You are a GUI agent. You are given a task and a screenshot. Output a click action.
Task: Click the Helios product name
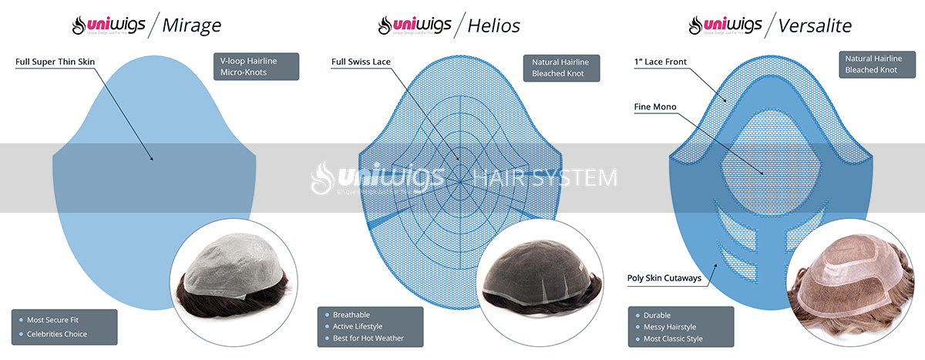point(493,25)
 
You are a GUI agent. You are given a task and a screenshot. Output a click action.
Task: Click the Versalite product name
point(815,25)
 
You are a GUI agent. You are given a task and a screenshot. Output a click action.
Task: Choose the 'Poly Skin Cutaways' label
point(664,278)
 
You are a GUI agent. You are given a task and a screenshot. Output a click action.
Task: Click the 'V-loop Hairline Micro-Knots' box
point(255,66)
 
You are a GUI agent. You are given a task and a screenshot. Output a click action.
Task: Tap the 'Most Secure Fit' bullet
point(53,319)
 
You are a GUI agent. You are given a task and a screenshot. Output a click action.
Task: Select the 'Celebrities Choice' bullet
point(57,334)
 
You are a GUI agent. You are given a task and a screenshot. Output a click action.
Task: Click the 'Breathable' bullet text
point(351,315)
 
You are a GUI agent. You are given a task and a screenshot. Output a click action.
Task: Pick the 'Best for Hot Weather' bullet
point(368,338)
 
